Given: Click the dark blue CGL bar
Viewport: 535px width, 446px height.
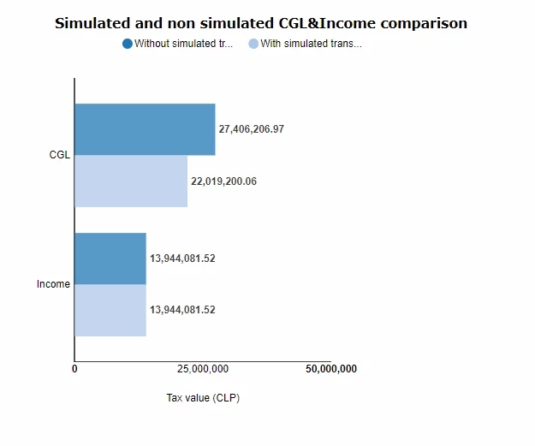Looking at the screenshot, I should (145, 129).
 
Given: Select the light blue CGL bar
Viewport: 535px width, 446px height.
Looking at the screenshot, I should (131, 181).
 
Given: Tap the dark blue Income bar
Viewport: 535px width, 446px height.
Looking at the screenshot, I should (110, 259).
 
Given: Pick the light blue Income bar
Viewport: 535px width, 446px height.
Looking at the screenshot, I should (110, 310).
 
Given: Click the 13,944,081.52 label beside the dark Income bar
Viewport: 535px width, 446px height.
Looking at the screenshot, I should (182, 259).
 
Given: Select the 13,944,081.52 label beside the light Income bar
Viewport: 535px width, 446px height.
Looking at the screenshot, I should (182, 310).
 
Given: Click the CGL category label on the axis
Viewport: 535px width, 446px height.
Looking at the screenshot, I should (60, 155).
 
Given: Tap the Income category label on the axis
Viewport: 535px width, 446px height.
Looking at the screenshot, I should (53, 284).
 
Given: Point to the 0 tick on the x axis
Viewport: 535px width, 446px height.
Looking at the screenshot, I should (74, 369).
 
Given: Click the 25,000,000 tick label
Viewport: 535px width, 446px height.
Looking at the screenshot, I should (203, 369).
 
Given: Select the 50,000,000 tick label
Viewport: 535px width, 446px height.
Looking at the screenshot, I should (330, 369).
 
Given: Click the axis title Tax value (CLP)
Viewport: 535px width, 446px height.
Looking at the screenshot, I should (203, 398).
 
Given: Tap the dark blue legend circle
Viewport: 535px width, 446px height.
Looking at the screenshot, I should (128, 44).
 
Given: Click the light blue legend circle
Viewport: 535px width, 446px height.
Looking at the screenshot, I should (253, 44).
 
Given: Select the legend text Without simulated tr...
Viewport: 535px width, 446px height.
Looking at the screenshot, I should (184, 44).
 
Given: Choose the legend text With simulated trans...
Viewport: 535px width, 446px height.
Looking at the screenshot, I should (311, 44).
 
